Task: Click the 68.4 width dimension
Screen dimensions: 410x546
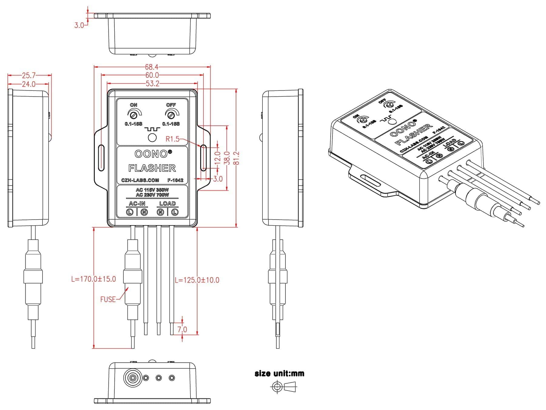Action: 152,67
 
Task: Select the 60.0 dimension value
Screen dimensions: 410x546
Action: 152,75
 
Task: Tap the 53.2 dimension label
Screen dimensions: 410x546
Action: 152,84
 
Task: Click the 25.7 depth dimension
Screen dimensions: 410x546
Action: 29,75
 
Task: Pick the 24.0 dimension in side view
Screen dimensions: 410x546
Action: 29,84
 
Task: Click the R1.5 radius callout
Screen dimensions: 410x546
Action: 173,139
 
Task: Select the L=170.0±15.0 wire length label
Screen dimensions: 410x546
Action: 93,279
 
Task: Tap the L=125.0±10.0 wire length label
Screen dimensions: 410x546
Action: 197,280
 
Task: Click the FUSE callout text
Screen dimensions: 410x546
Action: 108,299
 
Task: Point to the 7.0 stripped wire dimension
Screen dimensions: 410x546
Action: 182,330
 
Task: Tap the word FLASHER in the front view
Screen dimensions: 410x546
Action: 152,168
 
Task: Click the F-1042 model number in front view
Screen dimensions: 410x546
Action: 175,180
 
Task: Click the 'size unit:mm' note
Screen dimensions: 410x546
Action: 279,374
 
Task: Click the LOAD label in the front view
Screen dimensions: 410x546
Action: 167,203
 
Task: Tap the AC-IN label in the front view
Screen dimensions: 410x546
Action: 137,203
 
